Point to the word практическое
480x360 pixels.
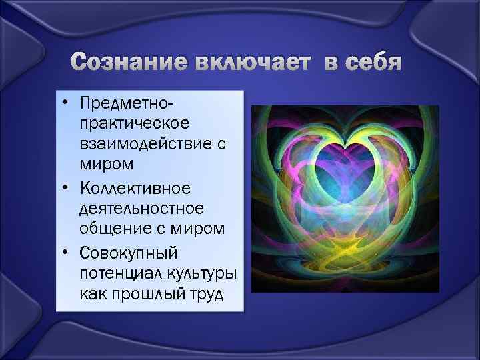[135, 124]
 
